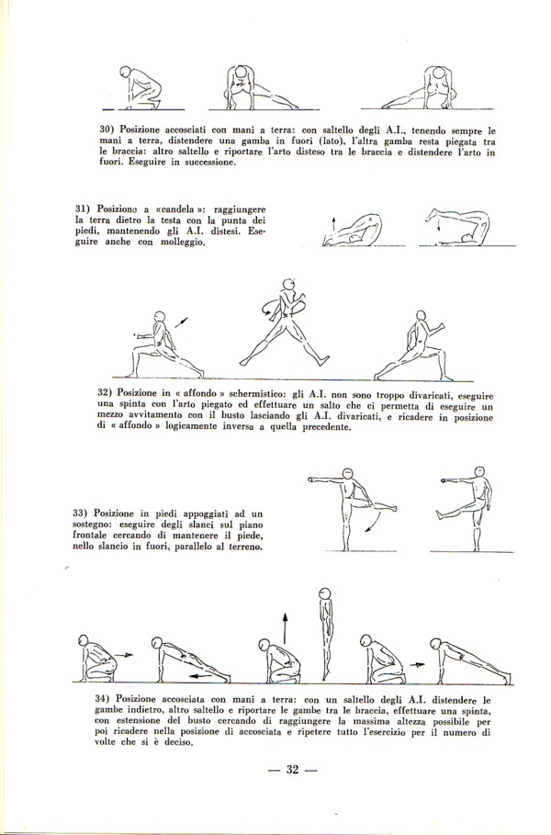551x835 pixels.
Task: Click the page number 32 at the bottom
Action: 288,770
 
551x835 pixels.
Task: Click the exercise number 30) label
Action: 107,130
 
